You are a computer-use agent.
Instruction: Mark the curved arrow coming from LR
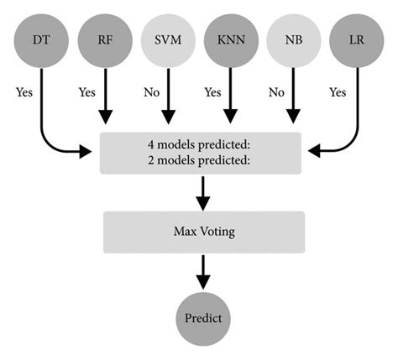(348, 138)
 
